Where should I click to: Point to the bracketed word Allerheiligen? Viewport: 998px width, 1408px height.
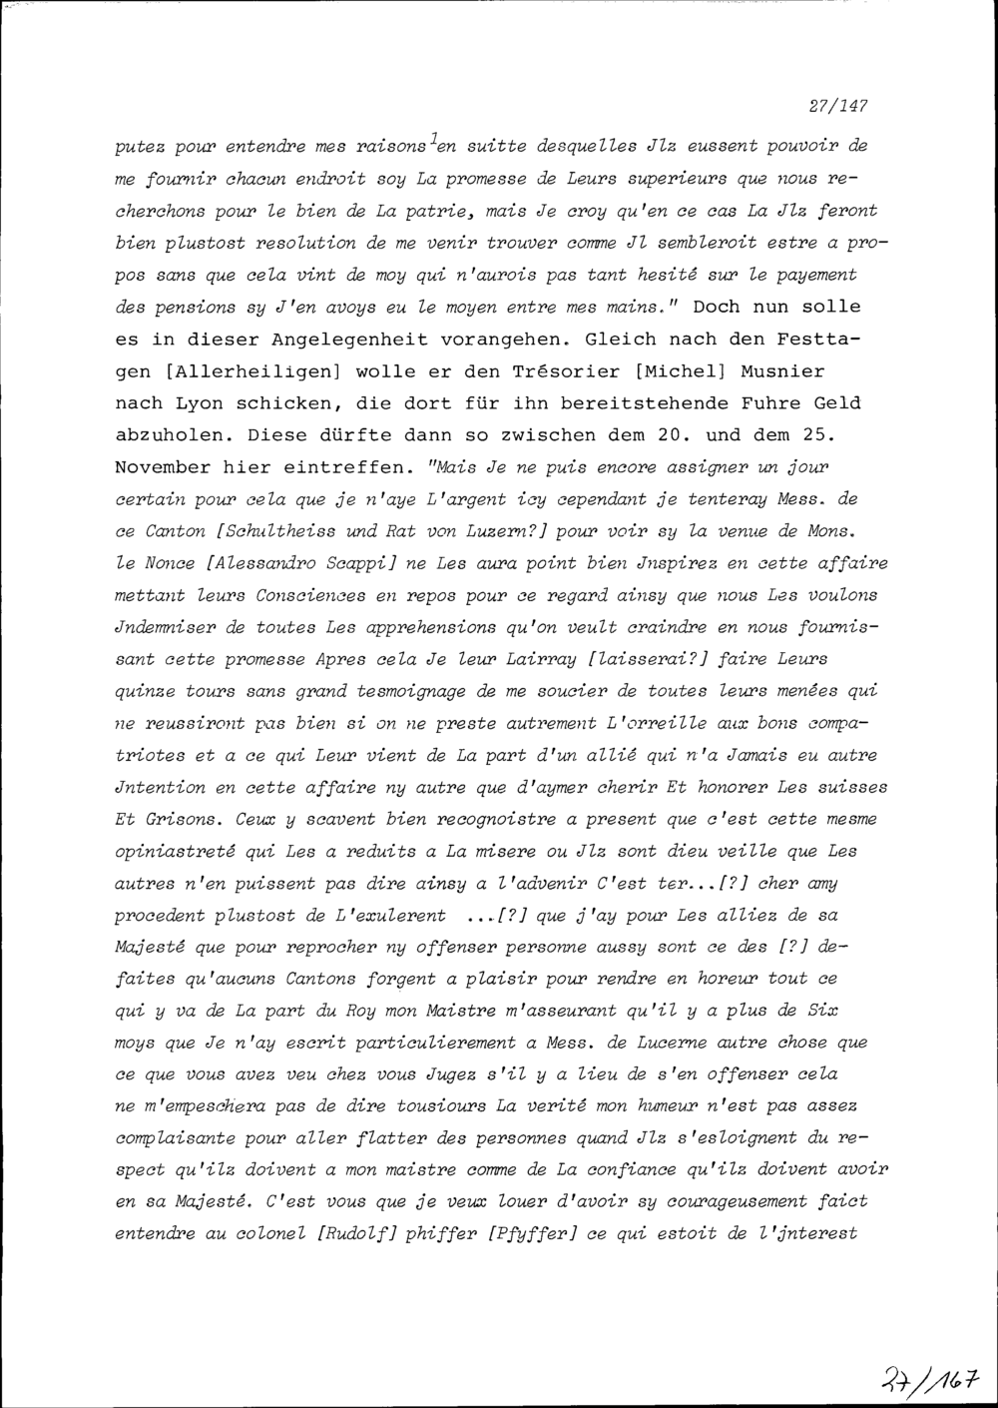point(249,371)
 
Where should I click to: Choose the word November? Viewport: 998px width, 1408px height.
point(163,467)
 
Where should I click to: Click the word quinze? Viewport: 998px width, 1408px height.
point(144,691)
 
